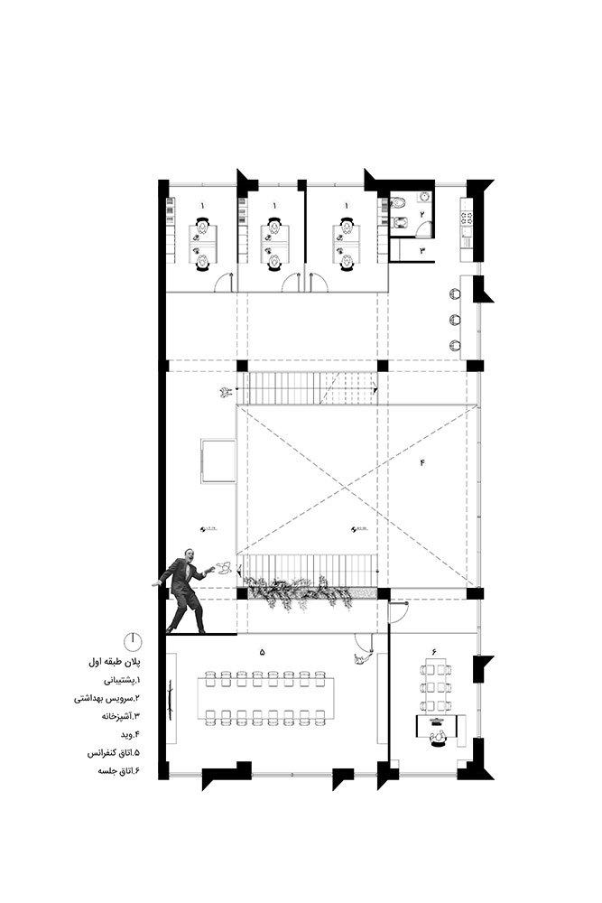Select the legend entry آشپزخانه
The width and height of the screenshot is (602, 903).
113,716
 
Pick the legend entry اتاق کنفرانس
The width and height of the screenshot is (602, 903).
108,751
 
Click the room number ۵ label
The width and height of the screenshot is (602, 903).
263,651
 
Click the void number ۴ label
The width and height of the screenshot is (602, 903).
421,462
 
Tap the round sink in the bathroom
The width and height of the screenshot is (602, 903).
422,200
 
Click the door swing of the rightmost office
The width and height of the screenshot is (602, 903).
316,283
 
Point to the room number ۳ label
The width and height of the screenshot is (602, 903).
421,251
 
